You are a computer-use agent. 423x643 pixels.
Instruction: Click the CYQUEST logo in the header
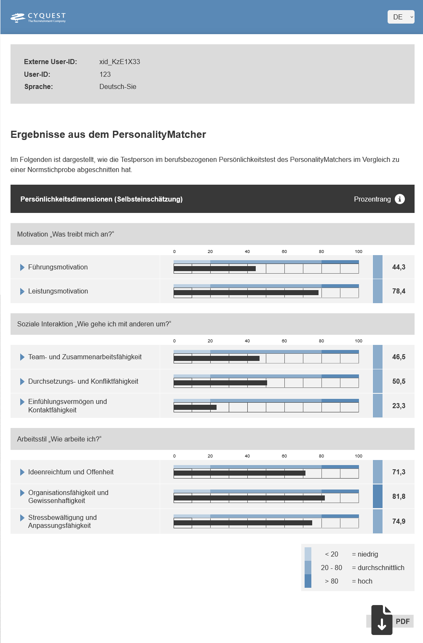[x=38, y=17]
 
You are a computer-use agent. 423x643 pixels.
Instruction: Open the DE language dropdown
[x=401, y=17]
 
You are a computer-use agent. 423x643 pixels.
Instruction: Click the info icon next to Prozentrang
[x=400, y=199]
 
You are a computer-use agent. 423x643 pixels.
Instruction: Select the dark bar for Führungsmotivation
[x=214, y=269]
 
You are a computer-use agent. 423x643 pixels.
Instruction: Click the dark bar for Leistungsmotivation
[x=246, y=293]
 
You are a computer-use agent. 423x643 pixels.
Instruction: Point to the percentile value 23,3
[x=399, y=406]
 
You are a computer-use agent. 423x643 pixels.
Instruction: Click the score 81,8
[x=399, y=496]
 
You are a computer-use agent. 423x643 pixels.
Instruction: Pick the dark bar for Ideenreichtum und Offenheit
[x=239, y=473]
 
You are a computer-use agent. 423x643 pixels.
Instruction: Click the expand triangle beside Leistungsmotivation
[x=22, y=291]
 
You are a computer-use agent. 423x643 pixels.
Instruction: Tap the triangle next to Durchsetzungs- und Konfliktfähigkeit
[x=22, y=382]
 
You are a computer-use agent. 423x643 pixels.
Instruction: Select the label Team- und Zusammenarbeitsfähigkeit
[x=85, y=357]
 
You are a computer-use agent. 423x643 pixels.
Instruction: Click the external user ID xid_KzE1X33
[x=120, y=62]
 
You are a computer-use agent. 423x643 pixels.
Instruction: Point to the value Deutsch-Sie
[x=118, y=86]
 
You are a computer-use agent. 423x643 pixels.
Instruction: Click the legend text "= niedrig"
[x=365, y=554]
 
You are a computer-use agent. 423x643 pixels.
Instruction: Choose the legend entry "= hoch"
[x=362, y=581]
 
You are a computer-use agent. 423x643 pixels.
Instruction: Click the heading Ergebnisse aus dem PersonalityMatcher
[x=108, y=135]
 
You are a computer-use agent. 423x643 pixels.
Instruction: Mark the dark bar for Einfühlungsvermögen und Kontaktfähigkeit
[x=195, y=407]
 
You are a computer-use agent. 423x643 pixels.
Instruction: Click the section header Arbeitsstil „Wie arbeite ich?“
[x=59, y=439]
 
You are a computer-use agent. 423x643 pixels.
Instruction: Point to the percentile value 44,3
[x=399, y=267]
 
